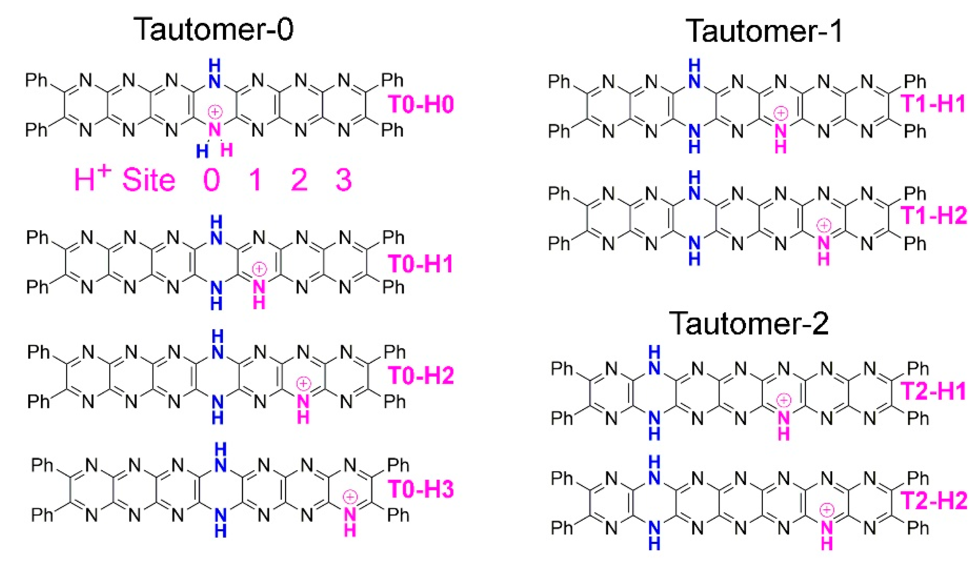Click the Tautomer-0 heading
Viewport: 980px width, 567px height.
tap(213, 30)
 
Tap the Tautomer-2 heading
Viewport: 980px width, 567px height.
tap(749, 323)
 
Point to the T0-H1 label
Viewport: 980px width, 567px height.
tap(421, 264)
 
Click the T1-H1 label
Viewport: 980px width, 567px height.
tap(933, 104)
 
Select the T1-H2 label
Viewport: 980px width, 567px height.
tap(933, 215)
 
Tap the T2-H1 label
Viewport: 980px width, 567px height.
tap(933, 391)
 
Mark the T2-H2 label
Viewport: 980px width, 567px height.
tap(933, 501)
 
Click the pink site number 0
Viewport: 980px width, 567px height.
tap(212, 180)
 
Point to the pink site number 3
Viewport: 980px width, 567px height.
tap(344, 180)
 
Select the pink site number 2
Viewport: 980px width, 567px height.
tap(299, 180)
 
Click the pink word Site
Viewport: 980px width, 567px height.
tap(148, 180)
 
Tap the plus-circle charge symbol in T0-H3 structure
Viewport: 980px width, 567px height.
tap(350, 497)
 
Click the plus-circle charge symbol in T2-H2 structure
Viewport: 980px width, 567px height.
tap(827, 509)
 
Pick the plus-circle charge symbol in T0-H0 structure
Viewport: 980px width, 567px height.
tap(215, 112)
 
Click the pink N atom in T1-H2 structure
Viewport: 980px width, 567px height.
tap(824, 243)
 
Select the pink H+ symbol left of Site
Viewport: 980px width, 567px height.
tap(92, 179)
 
